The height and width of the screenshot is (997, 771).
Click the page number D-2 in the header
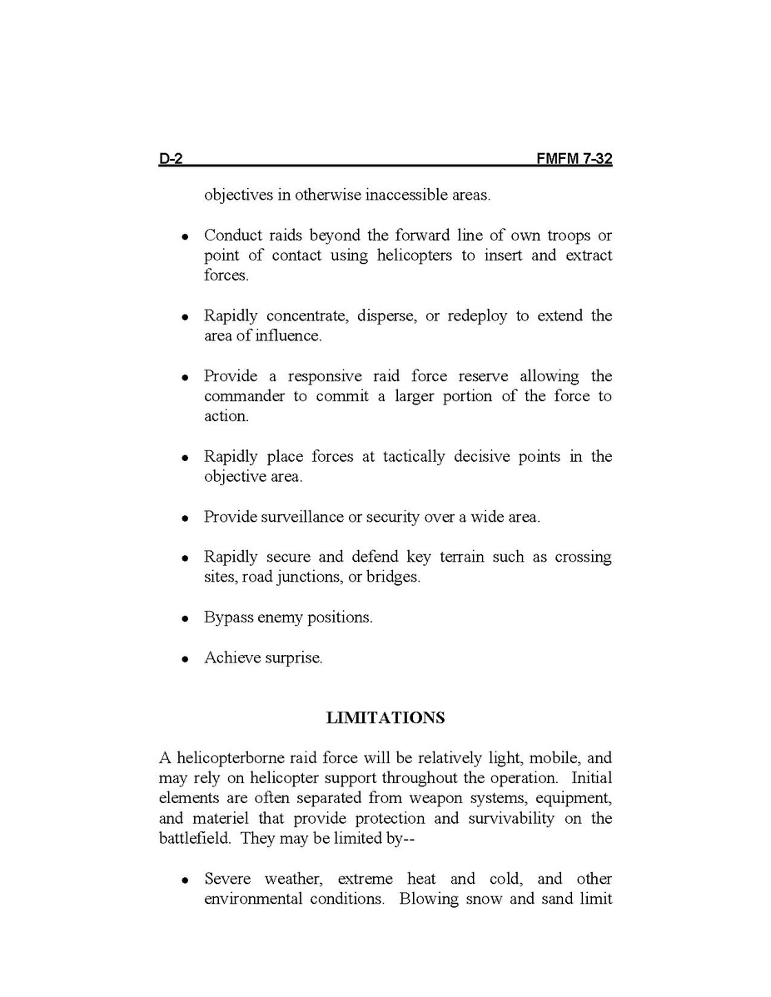click(x=171, y=160)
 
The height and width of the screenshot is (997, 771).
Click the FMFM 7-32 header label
click(x=575, y=160)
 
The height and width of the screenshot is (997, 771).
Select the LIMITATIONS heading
click(x=385, y=717)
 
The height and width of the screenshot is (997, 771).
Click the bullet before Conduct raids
click(x=186, y=237)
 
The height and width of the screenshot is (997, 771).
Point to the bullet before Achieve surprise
click(x=186, y=659)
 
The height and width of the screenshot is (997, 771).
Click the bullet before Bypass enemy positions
click(x=186, y=619)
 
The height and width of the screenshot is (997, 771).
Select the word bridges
click(x=393, y=577)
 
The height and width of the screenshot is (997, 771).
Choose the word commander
click(x=244, y=396)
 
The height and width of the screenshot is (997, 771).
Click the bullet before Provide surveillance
click(x=186, y=518)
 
